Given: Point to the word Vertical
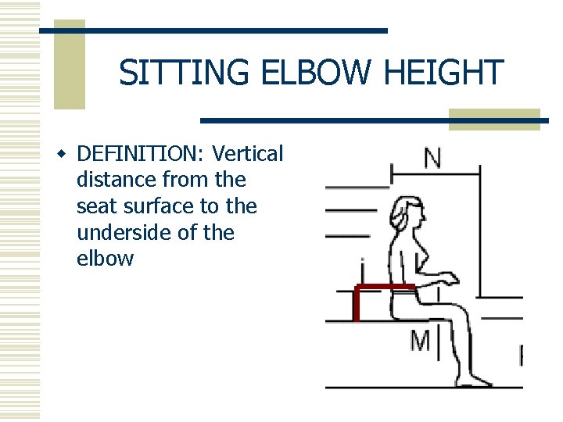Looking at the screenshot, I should point(248,154).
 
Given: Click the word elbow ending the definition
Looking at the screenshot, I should point(105,259).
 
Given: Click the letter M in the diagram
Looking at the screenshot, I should point(420,341).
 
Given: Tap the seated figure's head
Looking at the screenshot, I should point(411,213).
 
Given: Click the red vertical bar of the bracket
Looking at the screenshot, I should point(356,305).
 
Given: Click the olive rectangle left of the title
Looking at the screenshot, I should point(69,64).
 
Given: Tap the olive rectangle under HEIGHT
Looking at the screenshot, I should point(494,118).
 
